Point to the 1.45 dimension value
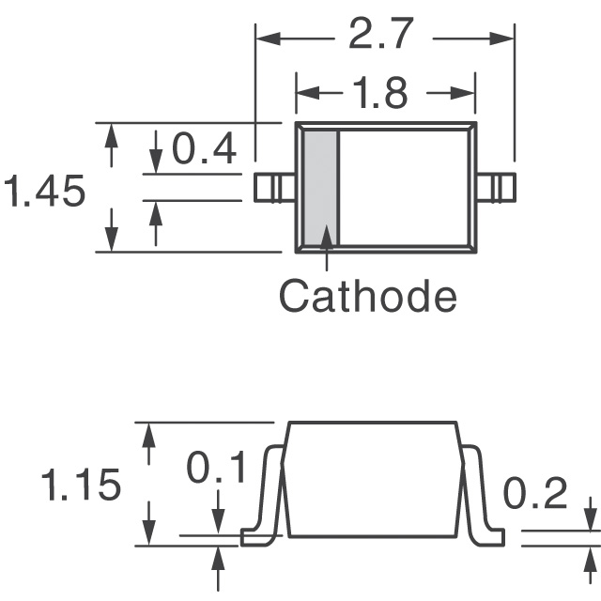click(45, 193)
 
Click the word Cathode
click(368, 296)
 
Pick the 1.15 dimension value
click(81, 485)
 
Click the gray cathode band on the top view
click(319, 187)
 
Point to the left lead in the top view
click(274, 188)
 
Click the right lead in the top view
click(498, 188)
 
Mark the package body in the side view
click(373, 479)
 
